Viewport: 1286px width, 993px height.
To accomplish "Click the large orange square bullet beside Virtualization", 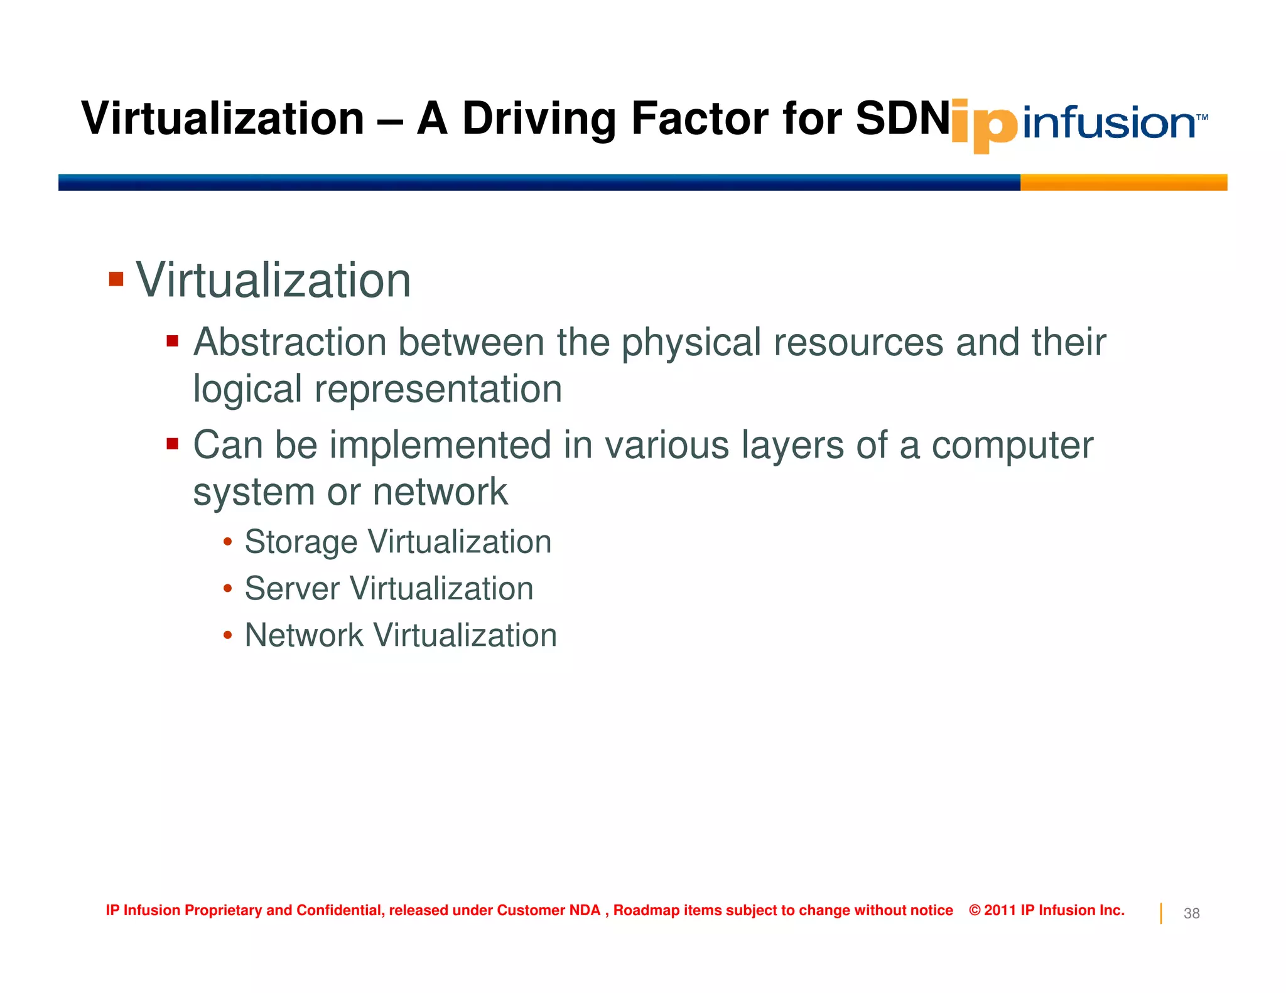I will tap(116, 279).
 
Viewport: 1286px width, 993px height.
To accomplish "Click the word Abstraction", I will tap(289, 343).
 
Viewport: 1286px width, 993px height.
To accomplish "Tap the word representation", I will tap(438, 389).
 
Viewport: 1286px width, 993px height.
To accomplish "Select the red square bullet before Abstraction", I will tap(173, 341).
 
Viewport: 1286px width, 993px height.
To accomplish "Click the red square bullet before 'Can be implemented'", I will tap(173, 444).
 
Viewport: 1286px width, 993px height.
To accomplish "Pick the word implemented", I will tap(440, 446).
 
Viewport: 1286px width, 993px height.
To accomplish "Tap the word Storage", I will tap(301, 542).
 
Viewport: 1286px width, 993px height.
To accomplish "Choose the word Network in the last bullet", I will tap(304, 635).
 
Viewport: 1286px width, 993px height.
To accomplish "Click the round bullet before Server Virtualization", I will tap(228, 589).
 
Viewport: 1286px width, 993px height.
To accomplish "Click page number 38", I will tap(1191, 913).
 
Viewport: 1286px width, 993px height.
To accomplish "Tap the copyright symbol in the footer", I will tap(975, 910).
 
